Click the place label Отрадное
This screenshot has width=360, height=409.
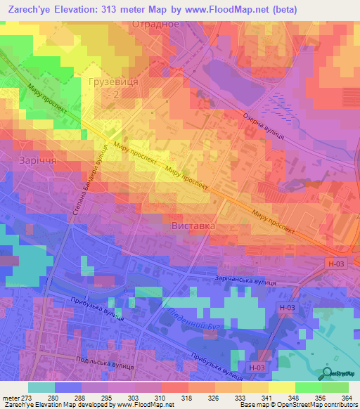[x=156, y=24]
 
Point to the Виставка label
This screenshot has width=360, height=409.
[x=193, y=227]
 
